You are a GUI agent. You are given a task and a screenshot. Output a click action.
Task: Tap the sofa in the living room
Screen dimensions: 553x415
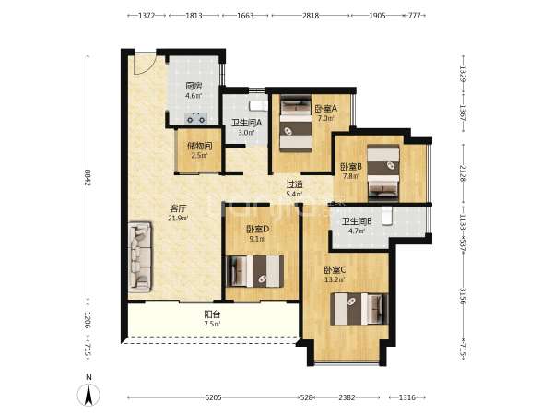click(140, 256)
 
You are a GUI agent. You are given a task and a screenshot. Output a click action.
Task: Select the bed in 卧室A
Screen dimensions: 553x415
click(296, 125)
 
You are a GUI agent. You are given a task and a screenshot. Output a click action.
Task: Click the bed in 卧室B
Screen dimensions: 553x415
click(383, 173)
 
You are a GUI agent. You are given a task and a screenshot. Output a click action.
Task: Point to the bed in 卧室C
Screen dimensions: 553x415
click(359, 309)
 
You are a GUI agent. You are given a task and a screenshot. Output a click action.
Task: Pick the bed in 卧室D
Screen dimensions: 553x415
click(254, 270)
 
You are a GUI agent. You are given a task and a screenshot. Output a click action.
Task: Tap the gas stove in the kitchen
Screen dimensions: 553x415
click(196, 118)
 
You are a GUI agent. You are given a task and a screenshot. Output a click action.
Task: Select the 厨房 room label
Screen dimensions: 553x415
click(194, 86)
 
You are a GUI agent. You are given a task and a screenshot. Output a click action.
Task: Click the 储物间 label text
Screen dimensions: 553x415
click(200, 146)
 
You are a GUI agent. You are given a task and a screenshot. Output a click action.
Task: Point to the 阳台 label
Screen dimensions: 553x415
click(212, 314)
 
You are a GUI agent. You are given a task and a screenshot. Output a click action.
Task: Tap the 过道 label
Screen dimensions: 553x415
click(295, 184)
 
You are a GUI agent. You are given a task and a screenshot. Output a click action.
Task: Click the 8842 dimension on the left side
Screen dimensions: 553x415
click(88, 178)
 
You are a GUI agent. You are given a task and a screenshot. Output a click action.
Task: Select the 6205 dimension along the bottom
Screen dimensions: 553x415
click(214, 397)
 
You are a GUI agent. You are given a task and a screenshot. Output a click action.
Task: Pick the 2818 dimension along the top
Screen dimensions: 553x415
click(311, 16)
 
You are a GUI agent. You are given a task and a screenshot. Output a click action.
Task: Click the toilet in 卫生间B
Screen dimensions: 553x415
click(387, 216)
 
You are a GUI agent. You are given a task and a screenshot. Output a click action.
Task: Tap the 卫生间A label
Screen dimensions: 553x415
click(246, 123)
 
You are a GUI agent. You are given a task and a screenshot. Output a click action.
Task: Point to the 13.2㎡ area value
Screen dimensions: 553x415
click(335, 280)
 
